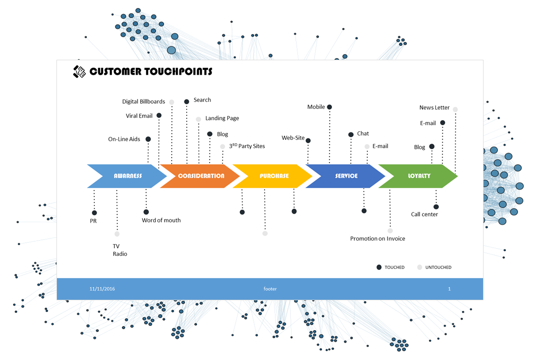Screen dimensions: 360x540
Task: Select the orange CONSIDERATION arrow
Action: [x=201, y=176]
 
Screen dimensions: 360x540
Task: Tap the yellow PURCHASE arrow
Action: [x=274, y=176]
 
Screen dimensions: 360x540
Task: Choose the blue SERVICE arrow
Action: [x=346, y=176]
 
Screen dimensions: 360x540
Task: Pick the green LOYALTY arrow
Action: [x=419, y=176]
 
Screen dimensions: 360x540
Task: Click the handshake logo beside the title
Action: [x=79, y=71]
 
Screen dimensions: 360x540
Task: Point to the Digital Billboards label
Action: [x=143, y=102]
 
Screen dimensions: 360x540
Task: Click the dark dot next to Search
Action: [x=187, y=101]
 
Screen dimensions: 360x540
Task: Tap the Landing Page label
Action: [x=222, y=119]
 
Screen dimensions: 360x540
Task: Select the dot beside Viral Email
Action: [x=159, y=115]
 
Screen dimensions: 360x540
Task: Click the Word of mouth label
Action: [x=161, y=220]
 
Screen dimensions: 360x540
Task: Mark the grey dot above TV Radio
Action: [x=117, y=234]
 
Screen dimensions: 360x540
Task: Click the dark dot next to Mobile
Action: [x=330, y=107]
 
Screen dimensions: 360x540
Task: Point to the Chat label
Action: [x=363, y=134]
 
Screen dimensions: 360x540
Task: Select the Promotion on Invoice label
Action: [x=378, y=239]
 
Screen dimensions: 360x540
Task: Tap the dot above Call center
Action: [x=436, y=207]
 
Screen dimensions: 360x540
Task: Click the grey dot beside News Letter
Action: [x=455, y=110]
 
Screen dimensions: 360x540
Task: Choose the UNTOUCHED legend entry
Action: [x=434, y=268]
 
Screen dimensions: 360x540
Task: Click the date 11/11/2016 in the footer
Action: [x=102, y=289]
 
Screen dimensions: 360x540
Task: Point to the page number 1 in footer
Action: [x=449, y=289]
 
